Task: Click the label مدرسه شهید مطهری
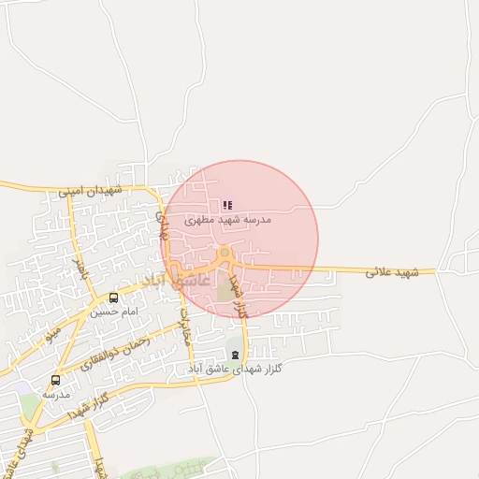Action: (x=227, y=219)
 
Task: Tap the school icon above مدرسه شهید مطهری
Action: (x=227, y=204)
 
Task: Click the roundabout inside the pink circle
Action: (x=225, y=254)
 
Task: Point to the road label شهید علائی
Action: (x=390, y=271)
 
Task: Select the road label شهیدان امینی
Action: (x=91, y=190)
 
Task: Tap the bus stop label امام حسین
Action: (x=116, y=311)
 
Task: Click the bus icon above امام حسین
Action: (x=114, y=297)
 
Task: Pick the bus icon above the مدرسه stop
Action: (x=55, y=380)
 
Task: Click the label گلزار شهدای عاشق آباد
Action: (x=241, y=370)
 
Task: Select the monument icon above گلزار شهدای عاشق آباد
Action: (x=235, y=355)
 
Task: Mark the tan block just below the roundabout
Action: (x=225, y=290)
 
